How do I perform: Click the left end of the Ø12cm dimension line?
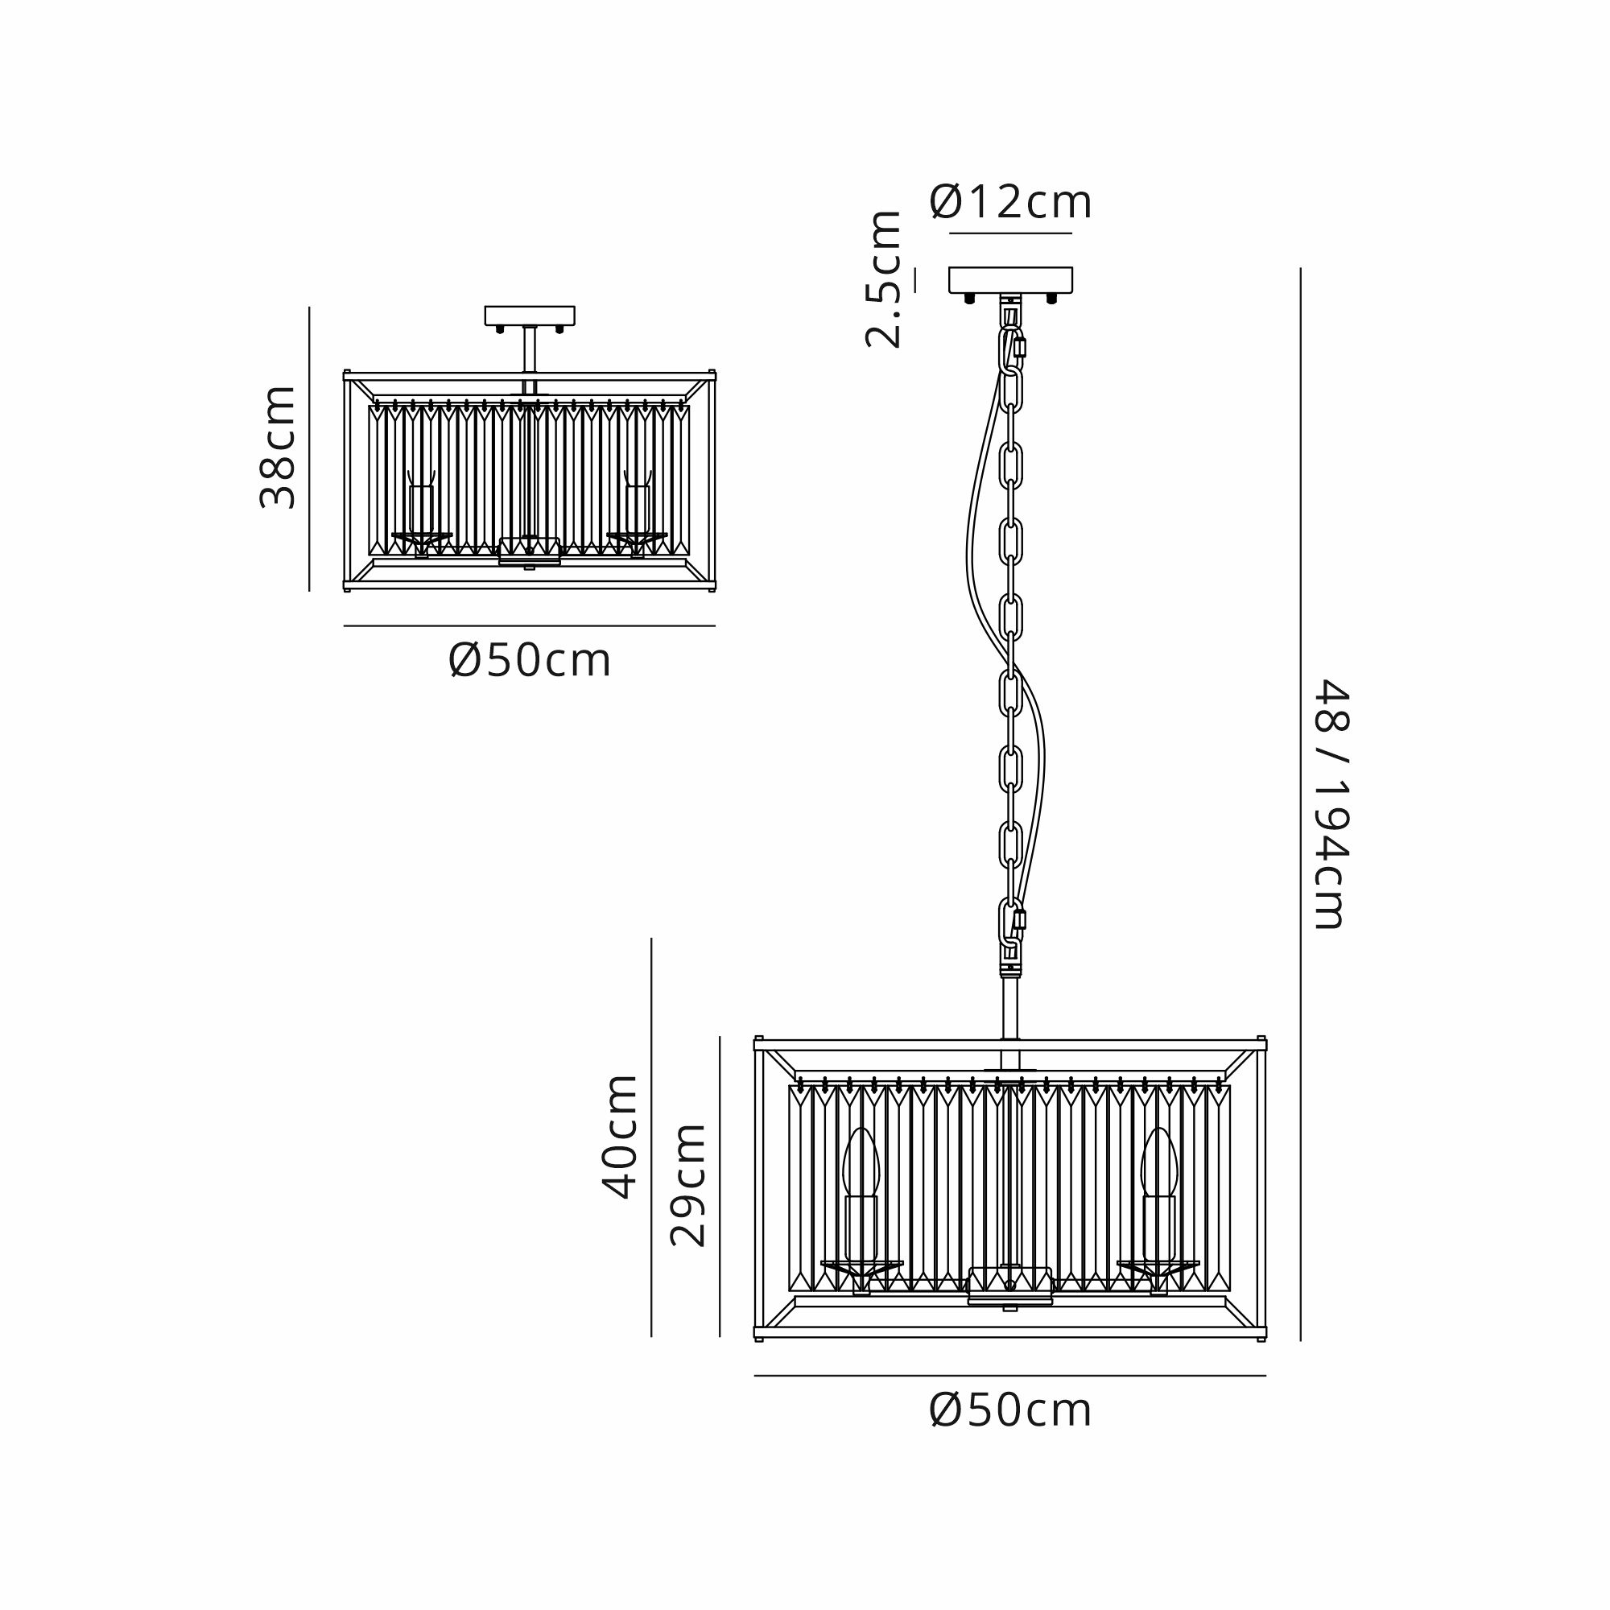pyautogui.click(x=949, y=233)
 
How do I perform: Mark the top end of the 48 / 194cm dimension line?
pyautogui.click(x=1300, y=268)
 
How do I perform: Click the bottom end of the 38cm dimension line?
pyautogui.click(x=309, y=591)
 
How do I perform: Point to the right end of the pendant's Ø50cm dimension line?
pyautogui.click(x=1265, y=1376)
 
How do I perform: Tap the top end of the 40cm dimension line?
pyautogui.click(x=650, y=939)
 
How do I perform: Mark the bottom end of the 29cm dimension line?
pyautogui.click(x=719, y=1336)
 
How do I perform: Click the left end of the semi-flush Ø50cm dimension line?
pyautogui.click(x=345, y=625)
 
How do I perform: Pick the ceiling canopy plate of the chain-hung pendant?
pyautogui.click(x=1011, y=280)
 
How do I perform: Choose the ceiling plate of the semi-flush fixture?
pyautogui.click(x=530, y=316)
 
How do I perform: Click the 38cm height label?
pyautogui.click(x=279, y=448)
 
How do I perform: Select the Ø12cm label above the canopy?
pyautogui.click(x=1011, y=202)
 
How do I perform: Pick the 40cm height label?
pyautogui.click(x=621, y=1137)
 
